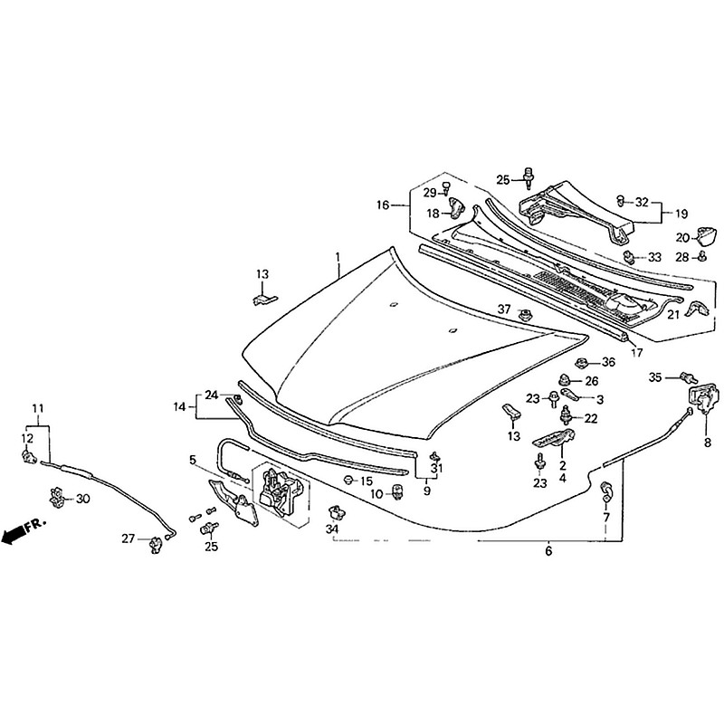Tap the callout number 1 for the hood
pos(338,258)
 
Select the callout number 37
pos(504,310)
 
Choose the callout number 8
pos(708,442)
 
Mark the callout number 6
pos(548,550)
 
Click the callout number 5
pos(192,460)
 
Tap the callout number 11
pos(37,408)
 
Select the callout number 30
pos(83,499)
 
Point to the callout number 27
pos(129,539)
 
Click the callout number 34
pos(332,529)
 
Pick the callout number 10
pos(376,493)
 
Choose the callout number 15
pos(366,480)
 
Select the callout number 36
pos(608,362)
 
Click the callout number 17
pos(637,352)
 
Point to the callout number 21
pos(673,315)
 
